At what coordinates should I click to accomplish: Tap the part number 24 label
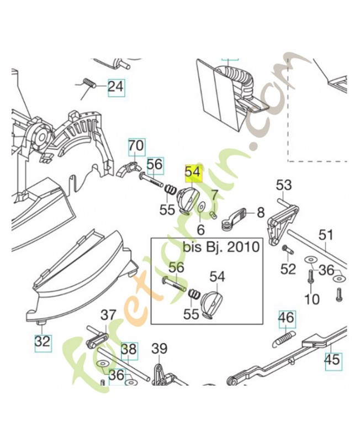(x=116, y=87)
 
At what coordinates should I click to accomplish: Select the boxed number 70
(x=136, y=146)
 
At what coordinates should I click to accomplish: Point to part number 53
(x=283, y=185)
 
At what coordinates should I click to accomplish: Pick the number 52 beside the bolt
(x=288, y=269)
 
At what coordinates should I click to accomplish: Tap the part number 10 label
(x=312, y=299)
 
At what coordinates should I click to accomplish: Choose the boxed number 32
(x=43, y=341)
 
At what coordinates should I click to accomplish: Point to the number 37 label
(x=108, y=315)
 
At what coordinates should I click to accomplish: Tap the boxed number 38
(x=129, y=349)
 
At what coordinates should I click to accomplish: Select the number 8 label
(x=261, y=212)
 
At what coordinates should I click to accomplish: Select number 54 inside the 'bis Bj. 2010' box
(x=217, y=276)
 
